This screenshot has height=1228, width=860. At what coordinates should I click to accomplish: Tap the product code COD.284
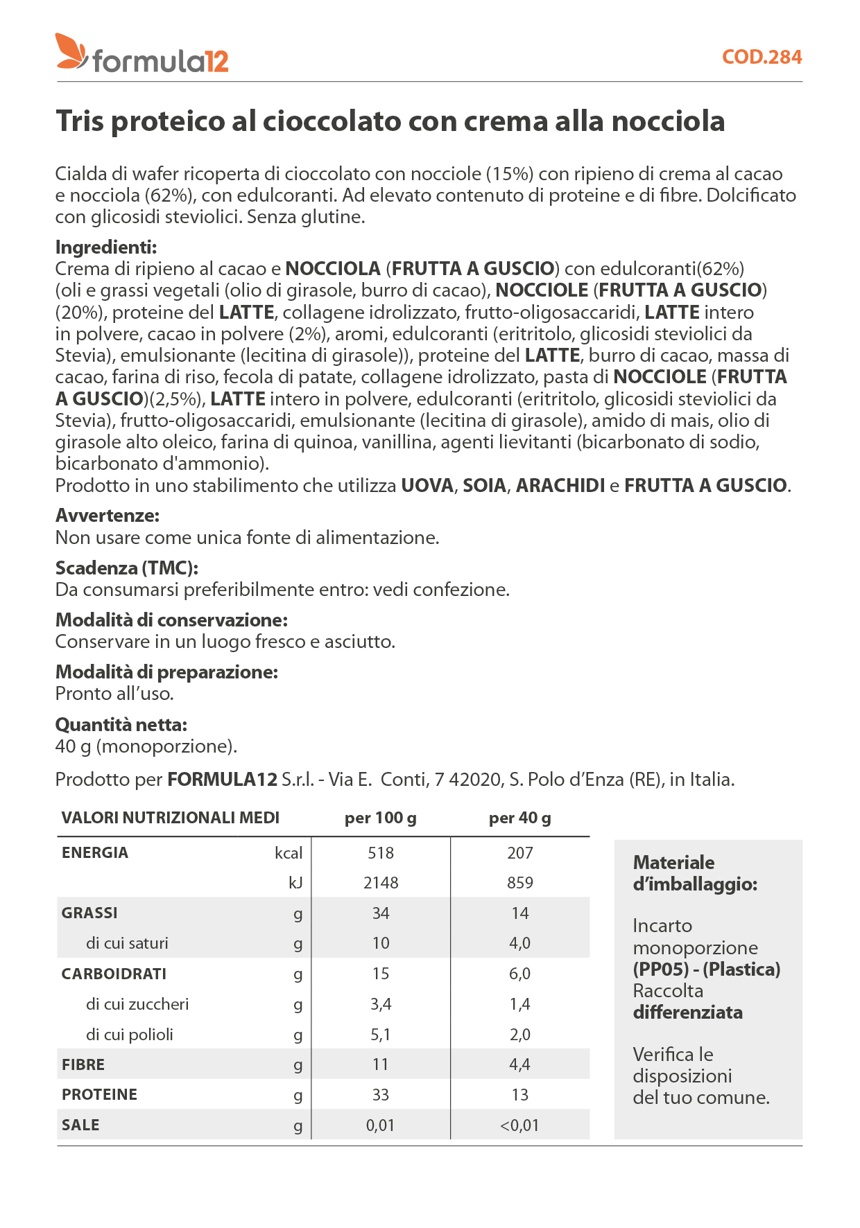pyautogui.click(x=762, y=57)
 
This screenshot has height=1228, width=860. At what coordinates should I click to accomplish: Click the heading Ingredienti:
pyautogui.click(x=106, y=247)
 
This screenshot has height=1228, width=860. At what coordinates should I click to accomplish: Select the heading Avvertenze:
pyautogui.click(x=108, y=516)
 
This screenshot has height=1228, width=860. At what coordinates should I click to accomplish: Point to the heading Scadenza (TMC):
pyautogui.click(x=127, y=568)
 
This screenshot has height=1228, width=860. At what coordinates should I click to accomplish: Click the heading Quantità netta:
pyautogui.click(x=121, y=725)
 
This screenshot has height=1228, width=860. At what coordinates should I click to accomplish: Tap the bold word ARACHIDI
pyautogui.click(x=560, y=485)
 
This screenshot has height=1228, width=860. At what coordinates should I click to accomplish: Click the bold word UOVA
pyautogui.click(x=427, y=485)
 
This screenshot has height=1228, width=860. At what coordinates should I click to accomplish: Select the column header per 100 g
pyautogui.click(x=380, y=818)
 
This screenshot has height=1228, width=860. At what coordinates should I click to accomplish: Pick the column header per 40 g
pyautogui.click(x=519, y=818)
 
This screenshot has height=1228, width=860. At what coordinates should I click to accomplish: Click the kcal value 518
pyautogui.click(x=381, y=853)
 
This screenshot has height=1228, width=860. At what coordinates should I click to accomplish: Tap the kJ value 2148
pyautogui.click(x=381, y=883)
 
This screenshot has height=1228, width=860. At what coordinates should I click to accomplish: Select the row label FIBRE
pyautogui.click(x=83, y=1064)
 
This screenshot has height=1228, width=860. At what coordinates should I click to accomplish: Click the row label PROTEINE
pyautogui.click(x=99, y=1095)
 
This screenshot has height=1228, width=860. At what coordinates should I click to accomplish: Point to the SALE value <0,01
pyautogui.click(x=519, y=1125)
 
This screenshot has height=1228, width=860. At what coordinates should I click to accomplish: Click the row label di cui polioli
pyautogui.click(x=130, y=1035)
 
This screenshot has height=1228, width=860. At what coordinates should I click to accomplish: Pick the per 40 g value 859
pyautogui.click(x=519, y=883)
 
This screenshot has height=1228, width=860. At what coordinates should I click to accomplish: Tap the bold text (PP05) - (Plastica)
pyautogui.click(x=707, y=969)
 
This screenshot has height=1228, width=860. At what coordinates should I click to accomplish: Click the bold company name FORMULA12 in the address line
pyautogui.click(x=222, y=780)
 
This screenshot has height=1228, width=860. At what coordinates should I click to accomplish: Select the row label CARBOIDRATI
pyautogui.click(x=114, y=974)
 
